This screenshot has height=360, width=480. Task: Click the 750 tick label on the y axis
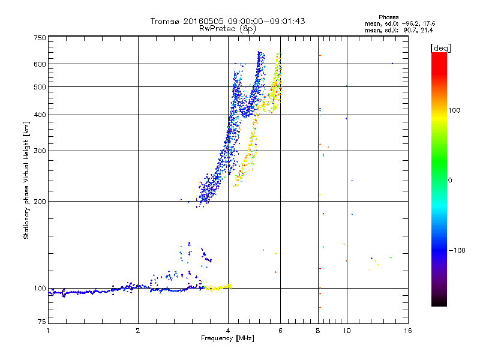pyautogui.click(x=40, y=38)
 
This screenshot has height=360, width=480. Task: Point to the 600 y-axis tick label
pyautogui.click(x=40, y=64)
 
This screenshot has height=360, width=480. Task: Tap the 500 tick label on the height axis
pyautogui.click(x=40, y=87)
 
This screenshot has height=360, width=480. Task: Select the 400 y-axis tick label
pyautogui.click(x=40, y=115)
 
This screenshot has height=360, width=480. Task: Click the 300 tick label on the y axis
pyautogui.click(x=40, y=151)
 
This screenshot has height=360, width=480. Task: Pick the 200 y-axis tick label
pyautogui.click(x=40, y=202)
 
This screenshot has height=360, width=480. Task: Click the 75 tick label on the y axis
pyautogui.click(x=41, y=322)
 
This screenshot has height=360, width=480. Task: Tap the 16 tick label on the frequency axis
pyautogui.click(x=407, y=331)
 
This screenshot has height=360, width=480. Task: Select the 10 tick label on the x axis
pyautogui.click(x=346, y=331)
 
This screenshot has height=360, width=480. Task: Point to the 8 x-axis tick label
pyautogui.click(x=317, y=331)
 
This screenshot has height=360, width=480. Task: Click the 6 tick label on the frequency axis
pyautogui.click(x=280, y=331)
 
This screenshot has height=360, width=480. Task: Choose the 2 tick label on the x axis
pyautogui.click(x=138, y=331)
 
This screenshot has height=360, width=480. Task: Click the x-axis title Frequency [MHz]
pyautogui.click(x=227, y=339)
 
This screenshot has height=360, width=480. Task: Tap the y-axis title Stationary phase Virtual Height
pyautogui.click(x=27, y=180)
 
